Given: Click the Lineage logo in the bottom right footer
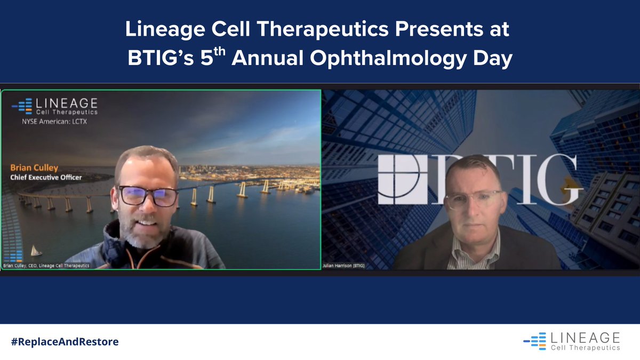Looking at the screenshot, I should point(572,341).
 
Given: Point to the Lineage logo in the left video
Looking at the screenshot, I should point(55,106).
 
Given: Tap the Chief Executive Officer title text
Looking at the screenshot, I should point(46,177).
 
